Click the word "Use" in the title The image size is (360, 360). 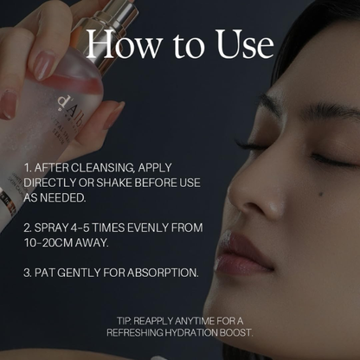[245, 44]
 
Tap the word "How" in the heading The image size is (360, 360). [124, 44]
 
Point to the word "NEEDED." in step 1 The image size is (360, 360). [63, 198]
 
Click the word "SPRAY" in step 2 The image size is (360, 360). [51, 228]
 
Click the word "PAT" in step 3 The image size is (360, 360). [44, 273]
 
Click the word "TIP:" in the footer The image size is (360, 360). [125, 321]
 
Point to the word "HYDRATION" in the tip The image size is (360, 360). [191, 333]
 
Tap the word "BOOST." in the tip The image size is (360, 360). [236, 333]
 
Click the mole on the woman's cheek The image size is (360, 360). [321, 195]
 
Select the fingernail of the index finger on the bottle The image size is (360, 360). [42, 65]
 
